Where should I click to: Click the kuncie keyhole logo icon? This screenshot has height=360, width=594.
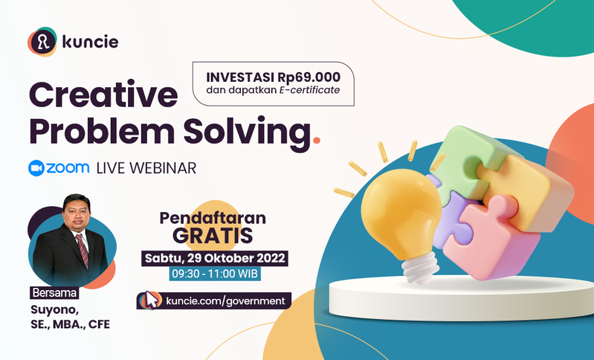click(x=42, y=42)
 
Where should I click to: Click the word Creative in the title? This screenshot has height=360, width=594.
click(x=103, y=94)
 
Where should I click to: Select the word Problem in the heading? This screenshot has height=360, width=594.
click(x=102, y=131)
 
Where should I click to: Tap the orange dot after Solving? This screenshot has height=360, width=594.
click(x=317, y=141)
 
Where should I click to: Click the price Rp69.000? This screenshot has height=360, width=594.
click(x=309, y=77)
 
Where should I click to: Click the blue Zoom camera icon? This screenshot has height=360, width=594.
click(x=36, y=168)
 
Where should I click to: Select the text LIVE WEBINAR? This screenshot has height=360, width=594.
click(x=146, y=168)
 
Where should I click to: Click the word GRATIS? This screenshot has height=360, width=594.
click(x=213, y=235)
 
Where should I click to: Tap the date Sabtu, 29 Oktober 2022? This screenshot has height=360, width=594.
click(x=215, y=258)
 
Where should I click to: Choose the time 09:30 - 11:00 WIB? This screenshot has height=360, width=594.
click(x=215, y=274)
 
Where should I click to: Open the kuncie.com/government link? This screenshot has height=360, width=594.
click(x=225, y=301)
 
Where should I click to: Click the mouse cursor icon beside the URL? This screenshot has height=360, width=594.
click(x=151, y=300)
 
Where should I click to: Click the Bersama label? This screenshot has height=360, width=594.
click(x=54, y=293)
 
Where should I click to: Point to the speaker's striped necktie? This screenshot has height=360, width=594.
click(x=83, y=250)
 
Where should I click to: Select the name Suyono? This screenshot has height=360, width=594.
click(x=54, y=310)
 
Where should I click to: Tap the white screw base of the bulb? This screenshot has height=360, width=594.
click(x=421, y=268)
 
